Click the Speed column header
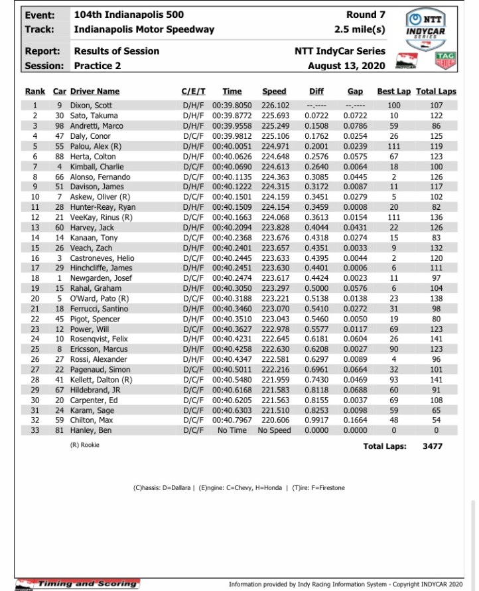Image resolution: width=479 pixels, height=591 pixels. click(x=274, y=92)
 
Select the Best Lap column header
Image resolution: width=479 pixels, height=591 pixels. click(x=394, y=92)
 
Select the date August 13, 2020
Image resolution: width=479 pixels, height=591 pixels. click(x=346, y=66)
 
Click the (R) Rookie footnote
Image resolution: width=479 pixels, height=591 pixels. click(x=84, y=445)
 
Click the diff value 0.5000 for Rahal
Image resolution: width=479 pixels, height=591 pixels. click(x=316, y=289)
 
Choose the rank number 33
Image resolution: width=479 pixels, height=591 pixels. click(x=35, y=430)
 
